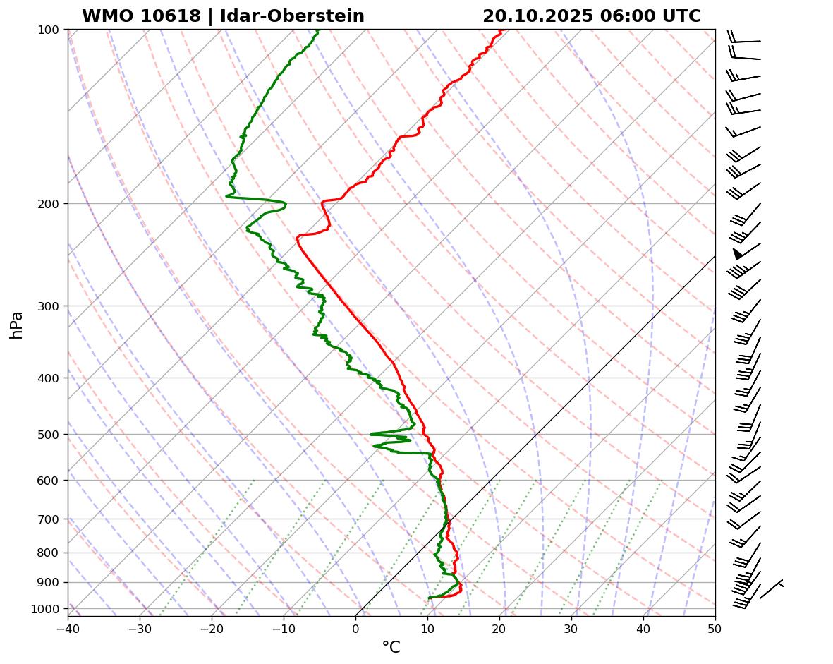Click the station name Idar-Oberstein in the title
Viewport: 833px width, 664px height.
point(292,16)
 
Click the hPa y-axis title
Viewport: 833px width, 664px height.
point(17,325)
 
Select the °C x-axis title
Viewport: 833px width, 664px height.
point(391,647)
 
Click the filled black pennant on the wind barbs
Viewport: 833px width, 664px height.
point(737,253)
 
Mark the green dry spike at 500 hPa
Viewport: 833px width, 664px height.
point(372,434)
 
